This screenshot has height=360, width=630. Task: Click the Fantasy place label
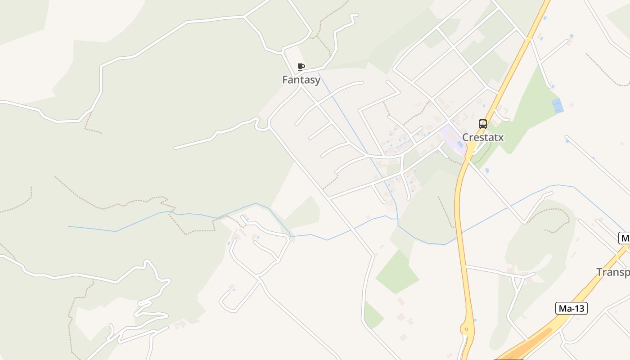pos(301,80)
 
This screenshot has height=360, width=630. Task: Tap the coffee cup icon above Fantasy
pos(301,67)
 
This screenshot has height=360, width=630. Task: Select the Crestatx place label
pos(483,137)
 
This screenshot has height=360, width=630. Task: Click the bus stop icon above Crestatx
pos(483,124)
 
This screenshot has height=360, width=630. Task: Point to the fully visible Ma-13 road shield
pos(571,308)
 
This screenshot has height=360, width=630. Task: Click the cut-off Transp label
pos(613,272)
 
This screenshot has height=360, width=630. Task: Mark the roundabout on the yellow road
pos(467,329)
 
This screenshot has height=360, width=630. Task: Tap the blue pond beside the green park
pos(558,105)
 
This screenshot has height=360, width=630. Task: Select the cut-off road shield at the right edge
pos(625,238)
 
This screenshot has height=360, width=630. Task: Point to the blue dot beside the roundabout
pos(475,320)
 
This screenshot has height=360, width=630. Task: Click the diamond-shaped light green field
pos(396,272)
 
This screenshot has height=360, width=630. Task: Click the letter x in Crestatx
pos(500,137)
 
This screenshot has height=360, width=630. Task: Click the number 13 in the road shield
pos(577,308)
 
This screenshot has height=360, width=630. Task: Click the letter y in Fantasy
pos(317,81)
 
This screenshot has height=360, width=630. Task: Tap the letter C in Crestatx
pos(466,137)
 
